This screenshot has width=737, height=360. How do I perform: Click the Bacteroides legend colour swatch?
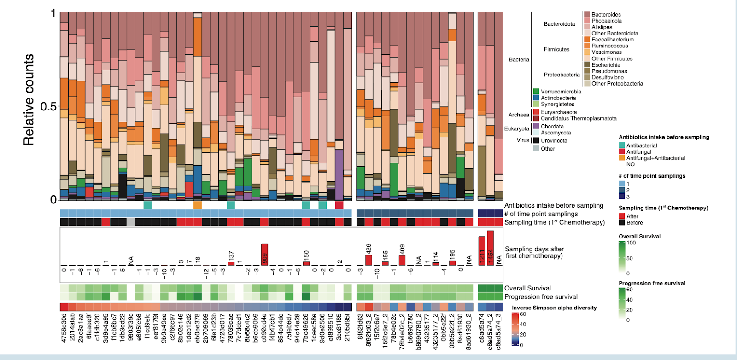(x=587, y=15)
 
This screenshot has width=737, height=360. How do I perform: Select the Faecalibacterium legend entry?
(x=612, y=40)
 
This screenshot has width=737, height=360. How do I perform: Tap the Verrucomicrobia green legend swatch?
(x=536, y=92)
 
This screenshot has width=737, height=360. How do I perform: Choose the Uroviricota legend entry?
(x=554, y=140)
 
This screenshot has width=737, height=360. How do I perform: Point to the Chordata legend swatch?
(x=536, y=126)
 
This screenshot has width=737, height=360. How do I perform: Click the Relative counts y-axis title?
(x=29, y=99)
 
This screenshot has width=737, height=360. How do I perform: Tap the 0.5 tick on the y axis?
(x=48, y=107)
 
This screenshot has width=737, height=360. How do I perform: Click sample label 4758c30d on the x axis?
(x=64, y=328)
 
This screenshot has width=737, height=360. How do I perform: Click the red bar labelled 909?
(x=264, y=254)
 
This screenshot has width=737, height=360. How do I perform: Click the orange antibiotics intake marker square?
(x=198, y=205)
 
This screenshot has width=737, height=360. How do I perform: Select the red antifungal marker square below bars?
(x=339, y=205)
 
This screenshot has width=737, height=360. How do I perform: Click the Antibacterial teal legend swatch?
(x=622, y=145)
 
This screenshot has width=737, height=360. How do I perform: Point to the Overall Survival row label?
(x=527, y=288)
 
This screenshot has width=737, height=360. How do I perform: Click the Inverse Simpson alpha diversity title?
(x=554, y=308)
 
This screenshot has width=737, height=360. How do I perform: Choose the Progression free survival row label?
(x=541, y=297)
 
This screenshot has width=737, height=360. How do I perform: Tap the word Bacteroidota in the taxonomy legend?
(x=559, y=24)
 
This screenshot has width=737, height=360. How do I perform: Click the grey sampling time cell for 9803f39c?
(x=131, y=222)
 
